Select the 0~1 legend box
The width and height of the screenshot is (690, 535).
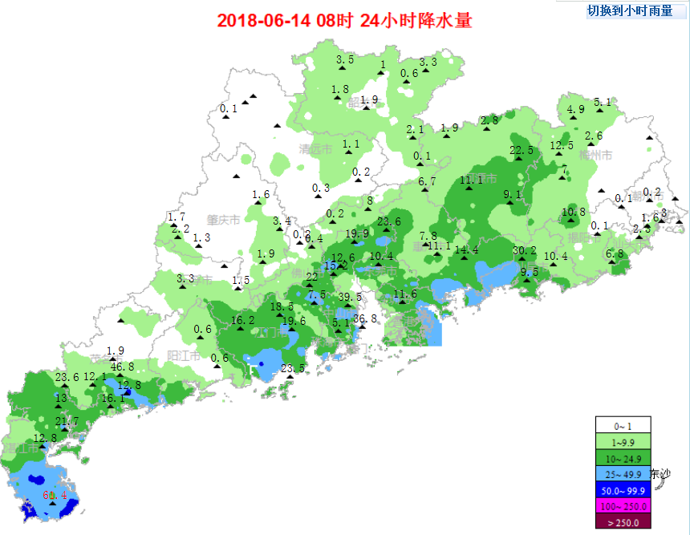623,425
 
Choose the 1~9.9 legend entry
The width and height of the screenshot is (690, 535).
623,441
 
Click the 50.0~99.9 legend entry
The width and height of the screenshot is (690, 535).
623,490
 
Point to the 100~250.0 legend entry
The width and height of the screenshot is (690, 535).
623,506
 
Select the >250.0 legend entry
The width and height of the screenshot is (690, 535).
623,522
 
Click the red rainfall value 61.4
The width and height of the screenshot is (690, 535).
55,495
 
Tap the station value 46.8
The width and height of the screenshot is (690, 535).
122,367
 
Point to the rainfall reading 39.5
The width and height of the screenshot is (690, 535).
350,297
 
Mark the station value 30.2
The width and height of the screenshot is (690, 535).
524,250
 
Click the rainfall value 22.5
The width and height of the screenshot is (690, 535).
522,150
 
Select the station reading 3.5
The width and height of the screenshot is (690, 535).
345,59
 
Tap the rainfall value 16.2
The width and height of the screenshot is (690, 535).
242,321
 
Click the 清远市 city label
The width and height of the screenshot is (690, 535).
315,149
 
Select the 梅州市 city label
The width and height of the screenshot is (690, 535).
596,155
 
